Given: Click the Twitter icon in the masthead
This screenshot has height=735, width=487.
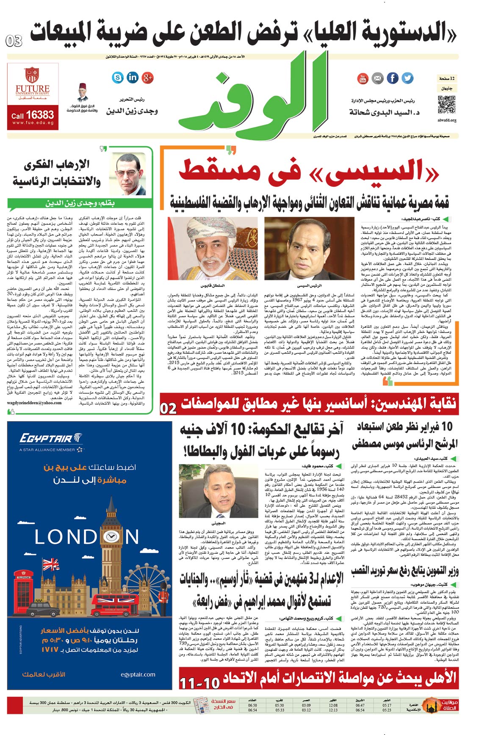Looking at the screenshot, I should tap(407, 78).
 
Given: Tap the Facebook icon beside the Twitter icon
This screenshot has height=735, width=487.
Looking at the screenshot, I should tap(393, 78).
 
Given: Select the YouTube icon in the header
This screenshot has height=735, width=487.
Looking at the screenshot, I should tap(363, 78).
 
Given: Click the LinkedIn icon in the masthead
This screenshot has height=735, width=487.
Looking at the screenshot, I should tap(133, 77).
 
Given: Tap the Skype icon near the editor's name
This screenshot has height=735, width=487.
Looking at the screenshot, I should tap(118, 77).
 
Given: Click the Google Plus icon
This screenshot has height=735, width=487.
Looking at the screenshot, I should tap(147, 77).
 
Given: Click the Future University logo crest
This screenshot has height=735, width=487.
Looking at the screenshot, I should tap(32, 75).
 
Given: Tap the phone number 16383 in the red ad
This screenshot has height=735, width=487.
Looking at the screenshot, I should tap(40, 115).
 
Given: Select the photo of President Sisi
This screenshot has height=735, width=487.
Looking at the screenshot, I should tap(309, 248).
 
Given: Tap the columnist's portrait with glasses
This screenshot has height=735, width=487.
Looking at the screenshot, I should tap(130, 174).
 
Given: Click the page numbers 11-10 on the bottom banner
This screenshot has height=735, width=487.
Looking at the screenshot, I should tap(199, 683).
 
